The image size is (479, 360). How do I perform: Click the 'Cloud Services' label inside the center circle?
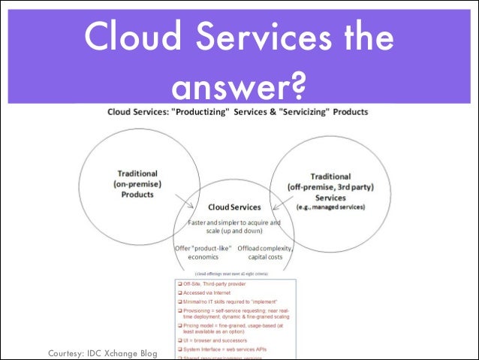234,207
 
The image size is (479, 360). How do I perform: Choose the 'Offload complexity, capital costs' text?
264,253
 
